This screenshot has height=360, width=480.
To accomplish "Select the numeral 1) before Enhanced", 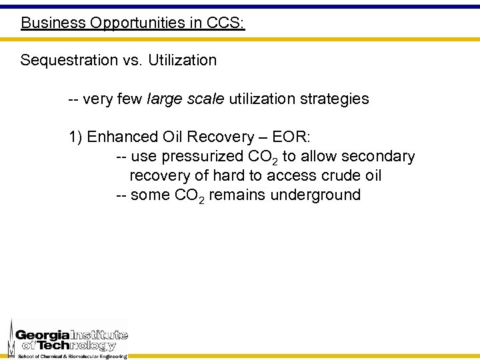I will (75, 137).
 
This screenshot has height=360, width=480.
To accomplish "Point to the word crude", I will (330, 176).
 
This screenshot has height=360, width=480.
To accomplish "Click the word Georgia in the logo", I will (42, 335).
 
